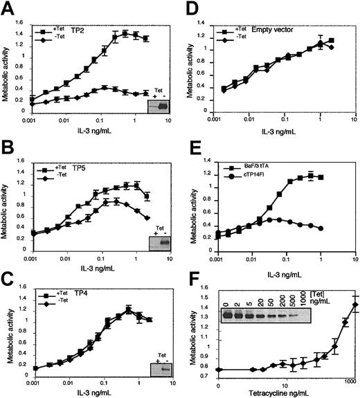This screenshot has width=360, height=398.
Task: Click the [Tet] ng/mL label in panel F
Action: click(x=337, y=284)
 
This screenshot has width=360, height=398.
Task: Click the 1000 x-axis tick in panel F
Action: click(x=351, y=381)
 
